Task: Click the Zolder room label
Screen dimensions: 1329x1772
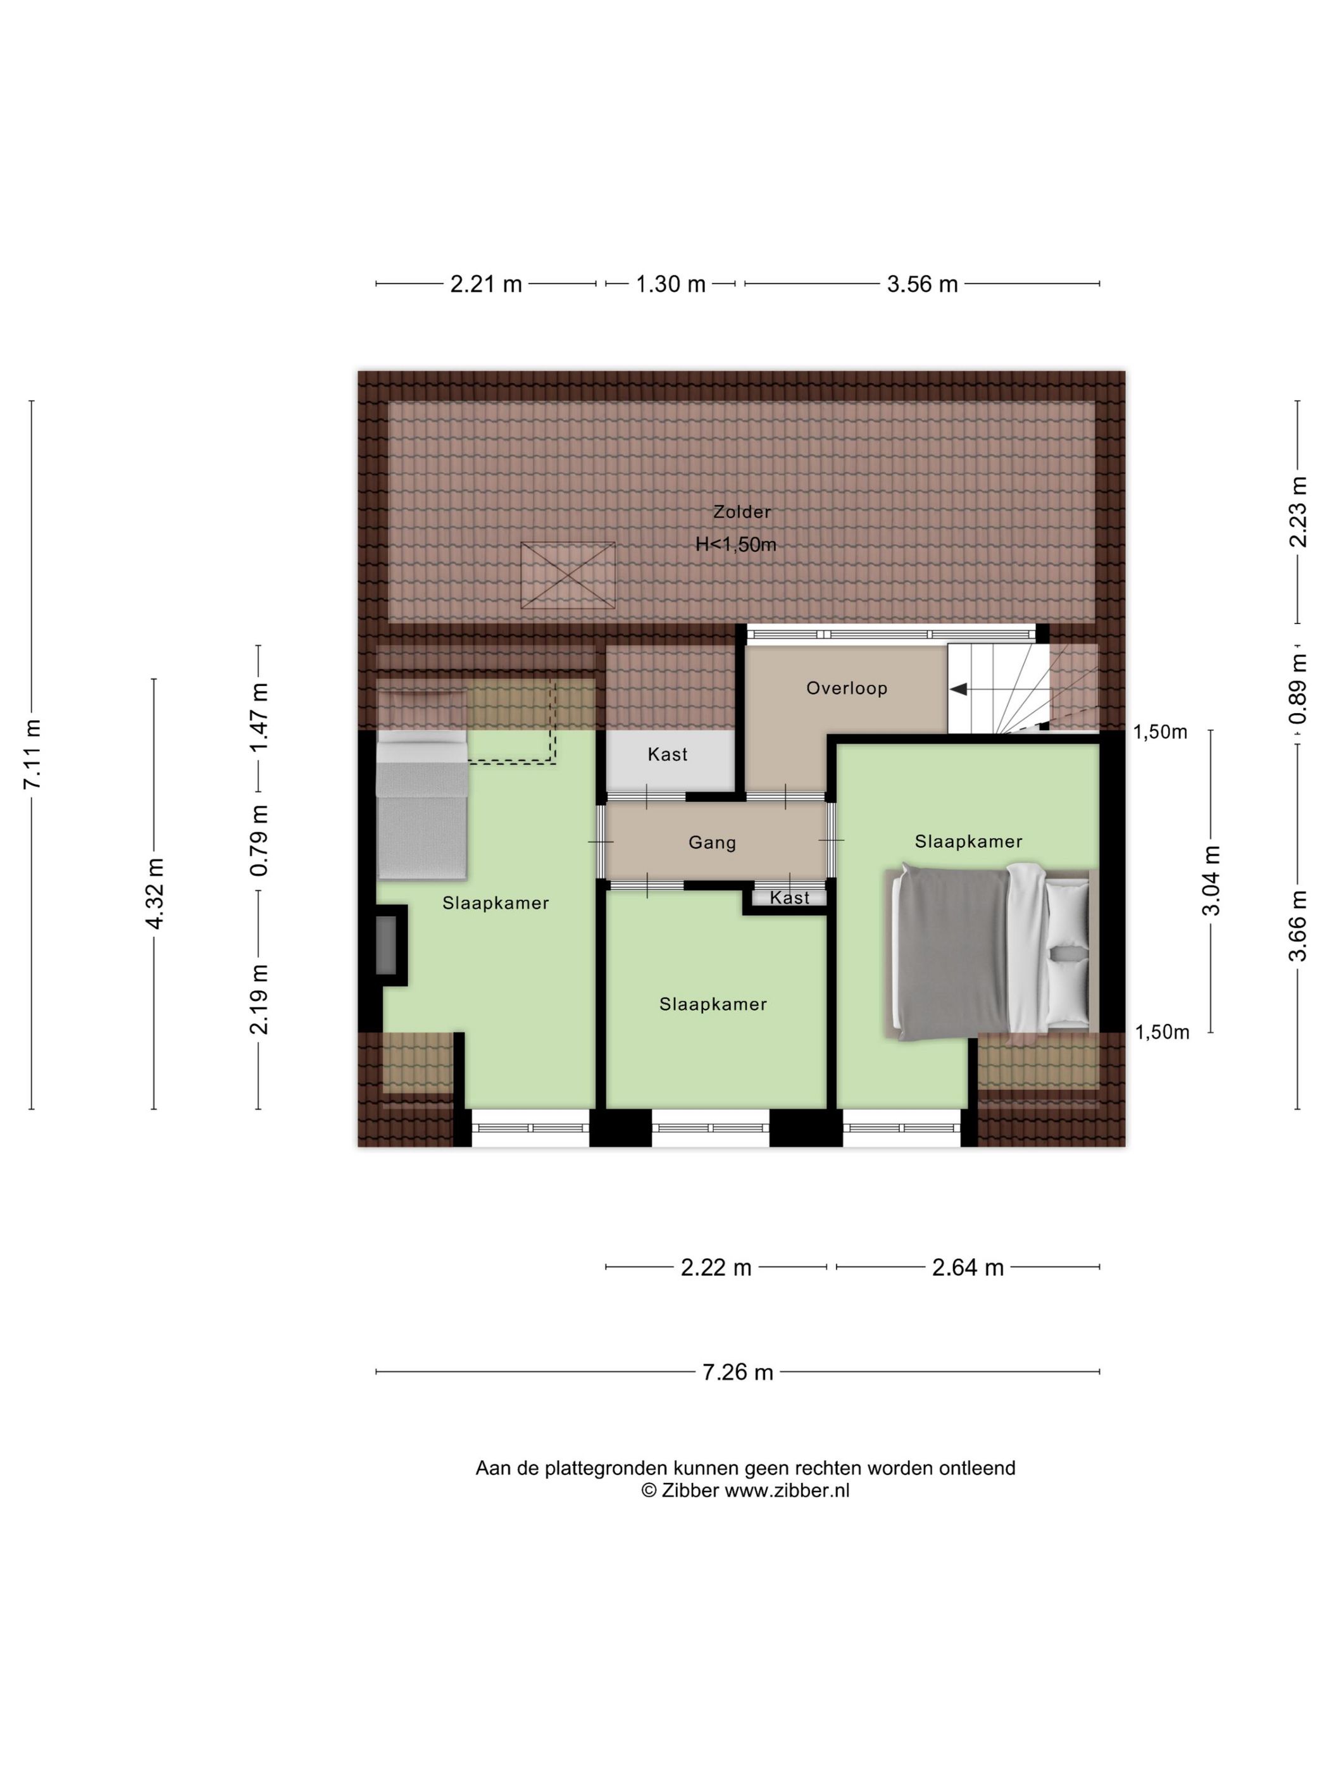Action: [x=742, y=512]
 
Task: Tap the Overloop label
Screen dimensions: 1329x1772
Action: [x=847, y=688]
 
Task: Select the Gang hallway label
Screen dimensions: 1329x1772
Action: [x=712, y=843]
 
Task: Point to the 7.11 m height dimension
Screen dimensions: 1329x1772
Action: [x=32, y=754]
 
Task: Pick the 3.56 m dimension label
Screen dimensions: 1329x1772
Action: [x=922, y=284]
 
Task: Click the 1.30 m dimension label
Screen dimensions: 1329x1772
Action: [x=670, y=284]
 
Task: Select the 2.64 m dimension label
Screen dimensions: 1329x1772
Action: [x=968, y=1268]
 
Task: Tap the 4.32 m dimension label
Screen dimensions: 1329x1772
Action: [x=154, y=893]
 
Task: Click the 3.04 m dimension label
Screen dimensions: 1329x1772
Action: [x=1211, y=880]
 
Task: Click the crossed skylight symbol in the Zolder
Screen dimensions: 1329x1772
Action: [x=567, y=575]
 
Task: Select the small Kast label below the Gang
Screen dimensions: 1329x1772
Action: [x=790, y=898]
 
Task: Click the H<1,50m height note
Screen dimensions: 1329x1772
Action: [x=736, y=545]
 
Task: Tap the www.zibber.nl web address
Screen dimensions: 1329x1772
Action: [x=787, y=1491]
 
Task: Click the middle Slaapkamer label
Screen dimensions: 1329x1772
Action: [x=713, y=1004]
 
